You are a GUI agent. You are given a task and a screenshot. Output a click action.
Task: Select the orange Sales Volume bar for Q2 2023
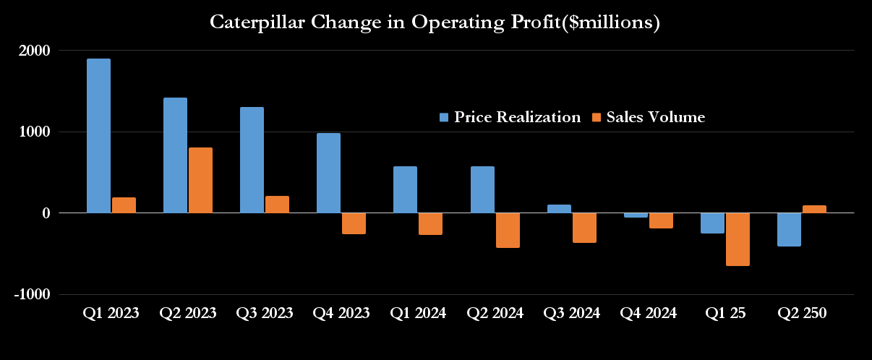200,180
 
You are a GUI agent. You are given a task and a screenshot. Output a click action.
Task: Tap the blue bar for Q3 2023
252,160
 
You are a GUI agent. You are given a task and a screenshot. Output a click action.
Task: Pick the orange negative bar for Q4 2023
354,223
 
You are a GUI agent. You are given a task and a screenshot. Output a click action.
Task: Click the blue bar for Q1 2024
405,189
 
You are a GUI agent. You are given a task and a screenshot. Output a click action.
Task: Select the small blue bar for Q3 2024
558,209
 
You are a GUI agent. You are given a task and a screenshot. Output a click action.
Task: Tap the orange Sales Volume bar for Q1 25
738,239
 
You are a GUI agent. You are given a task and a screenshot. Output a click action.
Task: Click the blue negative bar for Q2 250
789,230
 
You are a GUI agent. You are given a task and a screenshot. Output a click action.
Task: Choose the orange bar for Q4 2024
661,220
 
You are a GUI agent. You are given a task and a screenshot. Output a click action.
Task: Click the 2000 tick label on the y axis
34,51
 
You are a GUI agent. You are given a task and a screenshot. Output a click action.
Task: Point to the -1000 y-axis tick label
32,295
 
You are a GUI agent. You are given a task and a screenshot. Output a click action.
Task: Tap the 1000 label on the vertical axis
34,132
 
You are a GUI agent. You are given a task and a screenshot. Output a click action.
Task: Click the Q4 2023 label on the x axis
341,313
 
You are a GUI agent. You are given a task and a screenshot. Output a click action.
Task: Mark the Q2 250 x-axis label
802,313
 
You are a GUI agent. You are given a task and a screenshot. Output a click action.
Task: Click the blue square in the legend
445,117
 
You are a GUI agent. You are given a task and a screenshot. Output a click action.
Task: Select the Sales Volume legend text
655,117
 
